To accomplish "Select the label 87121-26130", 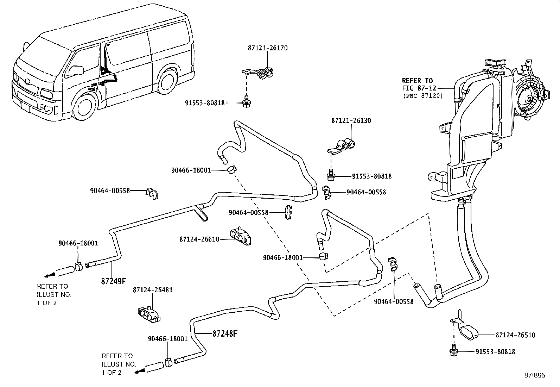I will (351, 120).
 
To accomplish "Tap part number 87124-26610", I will (199, 239).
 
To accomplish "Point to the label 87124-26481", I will (153, 290).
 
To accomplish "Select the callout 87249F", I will (113, 281).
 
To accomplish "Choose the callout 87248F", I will (225, 333).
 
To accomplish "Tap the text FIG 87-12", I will (419, 88).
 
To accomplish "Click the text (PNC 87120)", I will (422, 95).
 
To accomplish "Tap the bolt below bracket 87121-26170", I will (246, 102).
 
